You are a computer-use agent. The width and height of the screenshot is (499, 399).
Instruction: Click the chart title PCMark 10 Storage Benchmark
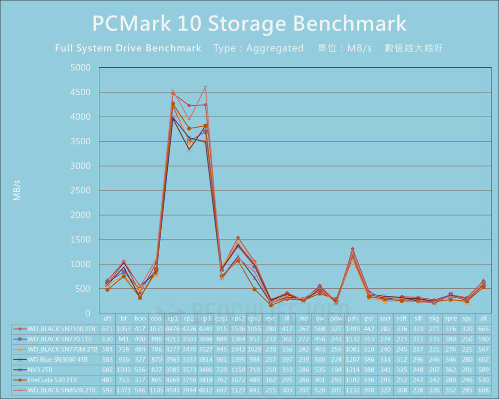click(x=249, y=23)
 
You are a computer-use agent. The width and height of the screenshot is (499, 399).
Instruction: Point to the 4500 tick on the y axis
click(x=80, y=92)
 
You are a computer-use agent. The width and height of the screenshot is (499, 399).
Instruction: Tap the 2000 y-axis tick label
click(x=80, y=215)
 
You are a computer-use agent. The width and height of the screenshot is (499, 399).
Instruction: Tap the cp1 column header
click(x=173, y=318)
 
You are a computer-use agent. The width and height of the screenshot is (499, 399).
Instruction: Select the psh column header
click(x=353, y=318)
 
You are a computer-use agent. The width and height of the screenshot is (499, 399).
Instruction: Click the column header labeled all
click(x=483, y=318)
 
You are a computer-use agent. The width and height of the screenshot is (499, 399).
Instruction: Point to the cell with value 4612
click(x=206, y=390)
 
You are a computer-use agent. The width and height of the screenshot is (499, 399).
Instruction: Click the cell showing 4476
click(x=173, y=329)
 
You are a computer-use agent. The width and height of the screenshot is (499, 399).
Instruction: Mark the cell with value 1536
click(x=238, y=329)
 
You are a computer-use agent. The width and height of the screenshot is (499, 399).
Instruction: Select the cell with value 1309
click(x=353, y=329)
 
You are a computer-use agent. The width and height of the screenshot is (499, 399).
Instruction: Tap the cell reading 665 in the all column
click(x=483, y=329)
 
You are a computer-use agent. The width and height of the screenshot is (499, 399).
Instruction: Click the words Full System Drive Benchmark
click(x=128, y=48)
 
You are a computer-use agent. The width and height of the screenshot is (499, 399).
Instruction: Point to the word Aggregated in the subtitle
click(x=274, y=48)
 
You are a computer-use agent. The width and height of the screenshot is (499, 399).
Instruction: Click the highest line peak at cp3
click(x=206, y=87)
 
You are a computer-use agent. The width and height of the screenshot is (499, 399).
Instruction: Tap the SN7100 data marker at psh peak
click(x=353, y=249)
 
